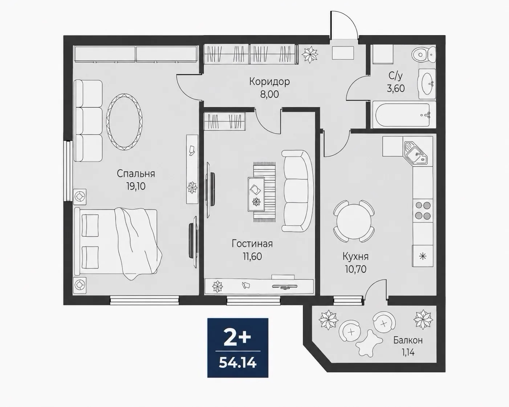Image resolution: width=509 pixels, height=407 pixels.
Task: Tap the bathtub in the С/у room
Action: (x=404, y=115)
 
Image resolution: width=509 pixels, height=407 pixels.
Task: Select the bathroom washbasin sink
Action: (x=427, y=84)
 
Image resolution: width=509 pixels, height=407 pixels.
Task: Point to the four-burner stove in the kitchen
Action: (x=423, y=210)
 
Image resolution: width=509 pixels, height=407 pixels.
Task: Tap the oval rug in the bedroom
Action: (x=125, y=122)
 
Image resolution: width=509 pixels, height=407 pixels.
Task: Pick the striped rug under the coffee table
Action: (x=265, y=192)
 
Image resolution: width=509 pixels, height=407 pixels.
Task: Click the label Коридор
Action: (x=269, y=82)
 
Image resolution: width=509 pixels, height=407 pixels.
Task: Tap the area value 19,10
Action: (x=136, y=186)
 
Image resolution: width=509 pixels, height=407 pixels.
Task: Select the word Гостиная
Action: (x=252, y=244)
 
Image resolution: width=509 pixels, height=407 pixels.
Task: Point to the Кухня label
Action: (x=355, y=256)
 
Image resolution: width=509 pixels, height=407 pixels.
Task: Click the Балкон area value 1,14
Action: (x=408, y=353)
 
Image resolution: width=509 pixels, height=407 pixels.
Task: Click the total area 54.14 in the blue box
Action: (x=238, y=363)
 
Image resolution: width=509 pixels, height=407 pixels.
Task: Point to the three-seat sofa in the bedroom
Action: (x=88, y=121)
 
